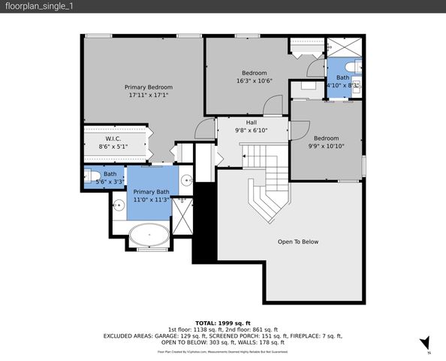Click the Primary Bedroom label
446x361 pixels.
pyautogui.click(x=149, y=87)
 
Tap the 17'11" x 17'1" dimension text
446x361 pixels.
pyautogui.click(x=149, y=96)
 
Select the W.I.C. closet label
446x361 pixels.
pyautogui.click(x=113, y=138)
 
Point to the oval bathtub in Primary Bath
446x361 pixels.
pyautogui.click(x=149, y=236)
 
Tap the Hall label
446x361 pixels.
pyautogui.click(x=252, y=123)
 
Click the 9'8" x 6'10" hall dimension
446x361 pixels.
pyautogui.click(x=252, y=131)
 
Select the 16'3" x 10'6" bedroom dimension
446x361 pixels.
pyautogui.click(x=254, y=81)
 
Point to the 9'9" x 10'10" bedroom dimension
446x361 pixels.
pyautogui.click(x=326, y=147)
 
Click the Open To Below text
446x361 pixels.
pyautogui.click(x=298, y=241)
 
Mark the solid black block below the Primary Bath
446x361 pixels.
pyautogui.click(x=203, y=226)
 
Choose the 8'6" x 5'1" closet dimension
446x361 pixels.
pyautogui.click(x=113, y=147)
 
